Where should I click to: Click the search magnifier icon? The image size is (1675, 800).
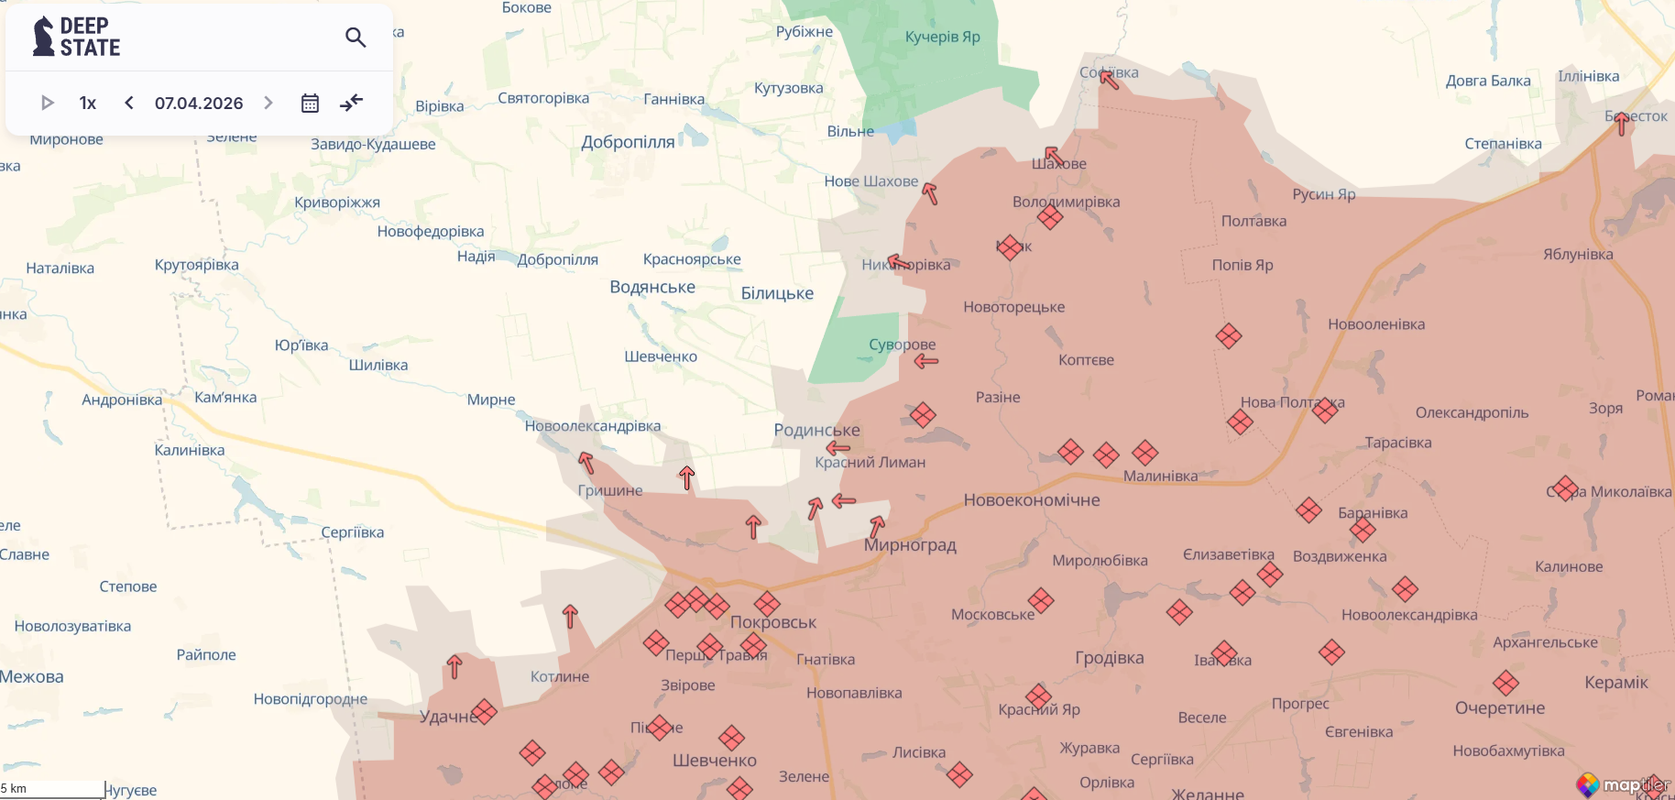tap(356, 38)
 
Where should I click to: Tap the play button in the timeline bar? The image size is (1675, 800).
tap(48, 103)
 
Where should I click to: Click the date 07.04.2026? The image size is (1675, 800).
tap(199, 103)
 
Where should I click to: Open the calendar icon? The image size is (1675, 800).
tap(310, 103)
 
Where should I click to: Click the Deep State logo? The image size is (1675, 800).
tap(77, 37)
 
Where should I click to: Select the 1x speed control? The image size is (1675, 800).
tap(88, 103)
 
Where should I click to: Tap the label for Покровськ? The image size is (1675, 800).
tap(773, 622)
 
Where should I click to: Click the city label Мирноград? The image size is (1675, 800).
tap(910, 545)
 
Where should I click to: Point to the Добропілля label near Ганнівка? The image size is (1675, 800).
tap(628, 142)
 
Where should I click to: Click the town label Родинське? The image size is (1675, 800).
tap(816, 430)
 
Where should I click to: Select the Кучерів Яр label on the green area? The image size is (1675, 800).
tap(942, 37)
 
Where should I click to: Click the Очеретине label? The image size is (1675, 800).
tap(1500, 707)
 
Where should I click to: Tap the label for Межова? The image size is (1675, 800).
tap(32, 676)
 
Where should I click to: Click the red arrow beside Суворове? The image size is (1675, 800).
tap(926, 361)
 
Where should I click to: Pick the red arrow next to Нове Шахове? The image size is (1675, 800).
tap(930, 193)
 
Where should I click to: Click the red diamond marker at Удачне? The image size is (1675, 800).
tap(484, 711)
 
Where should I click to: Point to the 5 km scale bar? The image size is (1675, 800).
tap(52, 789)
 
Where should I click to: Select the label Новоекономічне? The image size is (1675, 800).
tap(1031, 500)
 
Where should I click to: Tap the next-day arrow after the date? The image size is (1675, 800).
tap(268, 103)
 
